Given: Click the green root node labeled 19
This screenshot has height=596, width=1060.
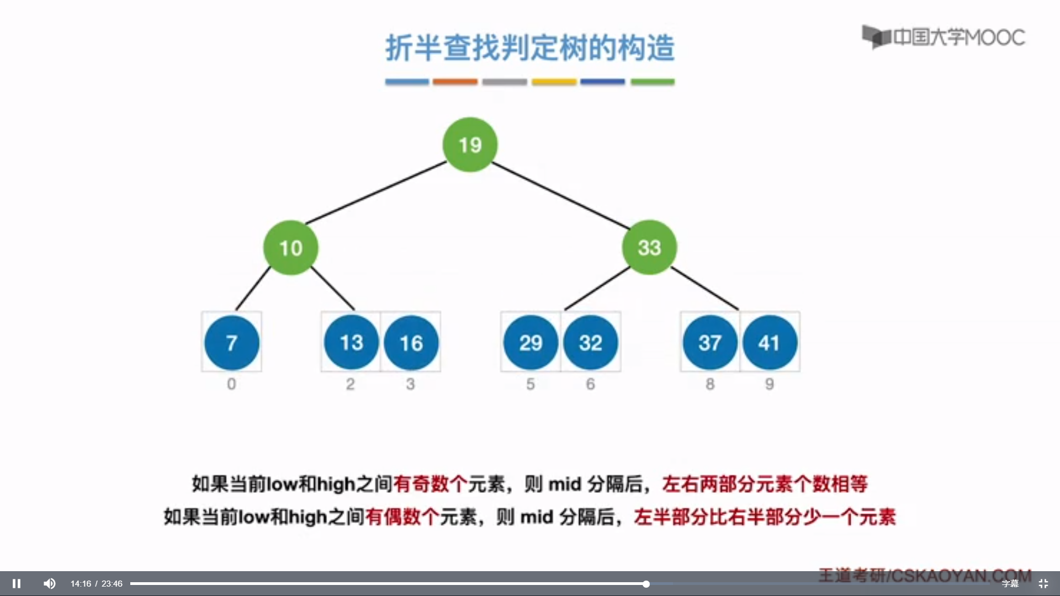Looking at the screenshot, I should click(470, 145).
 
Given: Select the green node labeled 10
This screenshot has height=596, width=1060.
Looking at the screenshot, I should click(290, 248).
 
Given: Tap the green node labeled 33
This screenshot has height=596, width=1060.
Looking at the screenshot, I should click(649, 247).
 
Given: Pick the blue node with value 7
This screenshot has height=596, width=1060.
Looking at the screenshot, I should click(232, 343).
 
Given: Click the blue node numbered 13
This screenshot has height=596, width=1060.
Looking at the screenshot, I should click(351, 343).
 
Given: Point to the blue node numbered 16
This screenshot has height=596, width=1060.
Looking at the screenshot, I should click(411, 343).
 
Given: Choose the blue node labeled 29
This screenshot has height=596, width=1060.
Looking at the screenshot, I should click(531, 343).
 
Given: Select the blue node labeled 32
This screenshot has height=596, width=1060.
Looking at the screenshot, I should click(590, 343).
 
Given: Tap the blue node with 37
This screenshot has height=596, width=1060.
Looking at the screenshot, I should click(710, 343).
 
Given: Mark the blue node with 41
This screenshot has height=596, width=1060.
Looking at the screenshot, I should click(770, 343).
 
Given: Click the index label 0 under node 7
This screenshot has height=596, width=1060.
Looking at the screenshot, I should click(231, 384).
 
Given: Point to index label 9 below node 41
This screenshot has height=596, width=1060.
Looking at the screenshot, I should click(770, 384).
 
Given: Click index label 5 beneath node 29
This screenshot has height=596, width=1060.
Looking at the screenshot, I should click(531, 384).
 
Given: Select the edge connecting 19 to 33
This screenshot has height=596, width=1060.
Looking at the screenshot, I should click(560, 195).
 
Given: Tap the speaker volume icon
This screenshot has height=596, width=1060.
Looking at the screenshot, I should click(50, 583).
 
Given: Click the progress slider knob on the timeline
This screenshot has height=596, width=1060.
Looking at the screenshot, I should click(646, 584).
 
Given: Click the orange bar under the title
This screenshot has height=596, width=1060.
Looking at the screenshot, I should click(455, 82).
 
